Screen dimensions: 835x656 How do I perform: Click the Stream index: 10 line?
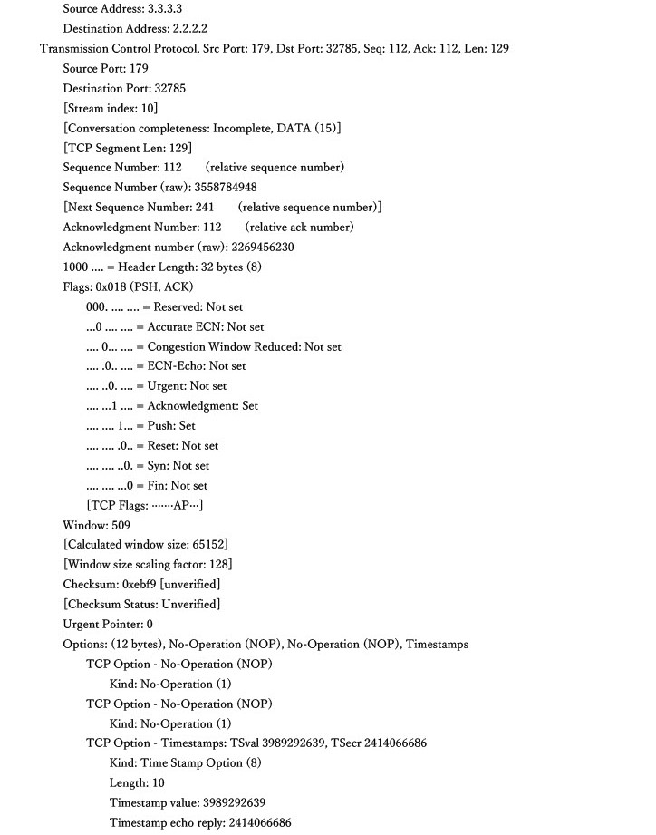point(110,108)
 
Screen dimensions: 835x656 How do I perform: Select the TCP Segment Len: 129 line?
point(127,148)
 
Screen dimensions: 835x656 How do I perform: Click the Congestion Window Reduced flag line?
point(214,346)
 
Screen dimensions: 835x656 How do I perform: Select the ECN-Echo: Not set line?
point(166,366)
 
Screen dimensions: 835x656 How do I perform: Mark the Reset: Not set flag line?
point(152,445)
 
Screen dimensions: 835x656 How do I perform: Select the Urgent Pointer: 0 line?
point(108,624)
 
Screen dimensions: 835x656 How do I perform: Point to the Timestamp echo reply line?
point(200,822)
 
